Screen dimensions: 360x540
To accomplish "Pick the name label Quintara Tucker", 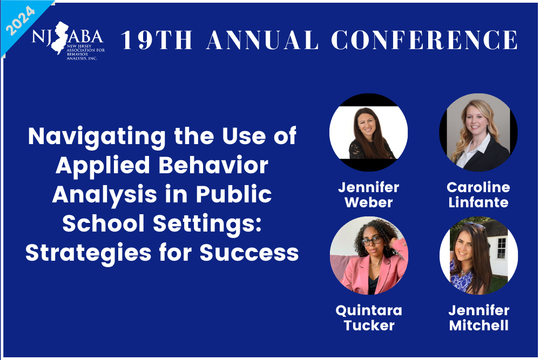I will tap(368, 317).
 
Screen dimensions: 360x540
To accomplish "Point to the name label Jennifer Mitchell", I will tap(478, 317).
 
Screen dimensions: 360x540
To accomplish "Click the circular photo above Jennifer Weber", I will tap(368, 133).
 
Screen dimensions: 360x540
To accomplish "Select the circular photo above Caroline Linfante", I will tap(478, 133).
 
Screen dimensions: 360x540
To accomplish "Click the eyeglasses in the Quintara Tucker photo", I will tap(371, 241).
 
